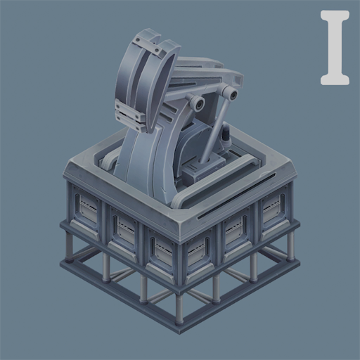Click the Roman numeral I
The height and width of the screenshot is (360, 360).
[x=335, y=48]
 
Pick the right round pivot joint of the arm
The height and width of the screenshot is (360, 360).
[x=231, y=93]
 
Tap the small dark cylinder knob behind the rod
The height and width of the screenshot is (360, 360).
[x=227, y=134]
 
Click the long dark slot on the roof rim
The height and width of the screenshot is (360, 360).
[x=236, y=196]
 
